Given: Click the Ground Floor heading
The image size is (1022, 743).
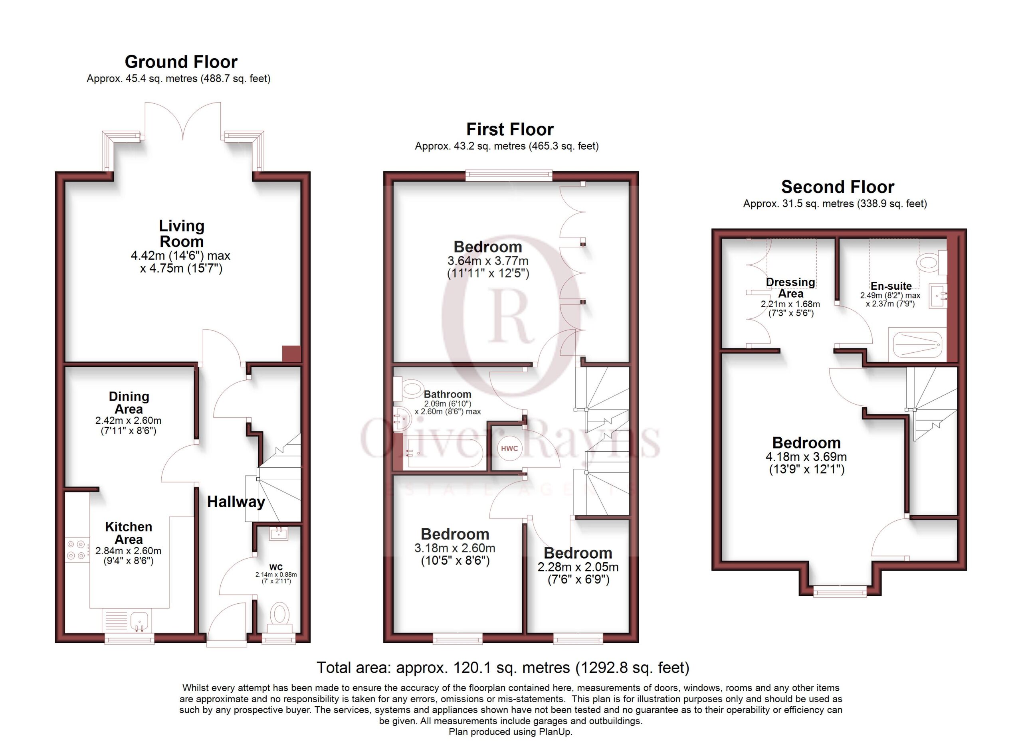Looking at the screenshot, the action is (181, 62).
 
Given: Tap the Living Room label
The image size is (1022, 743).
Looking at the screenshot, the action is (182, 233).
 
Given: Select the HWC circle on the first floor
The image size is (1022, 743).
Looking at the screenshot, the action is (510, 449).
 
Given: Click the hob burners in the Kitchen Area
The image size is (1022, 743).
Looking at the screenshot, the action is (77, 550).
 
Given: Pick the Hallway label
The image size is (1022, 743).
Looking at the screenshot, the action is (236, 502).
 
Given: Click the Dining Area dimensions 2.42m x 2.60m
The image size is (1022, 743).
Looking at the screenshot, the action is (129, 421).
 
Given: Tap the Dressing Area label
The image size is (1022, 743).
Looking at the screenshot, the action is (790, 288).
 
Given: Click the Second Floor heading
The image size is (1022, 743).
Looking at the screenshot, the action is (838, 187).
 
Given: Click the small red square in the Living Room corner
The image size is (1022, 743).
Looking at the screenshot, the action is (291, 354).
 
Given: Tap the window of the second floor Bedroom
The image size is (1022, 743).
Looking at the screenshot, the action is (840, 591).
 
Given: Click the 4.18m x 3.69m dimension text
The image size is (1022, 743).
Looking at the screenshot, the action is (806, 456).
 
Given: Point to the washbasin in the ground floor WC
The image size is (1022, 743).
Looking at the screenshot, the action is (279, 534).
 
